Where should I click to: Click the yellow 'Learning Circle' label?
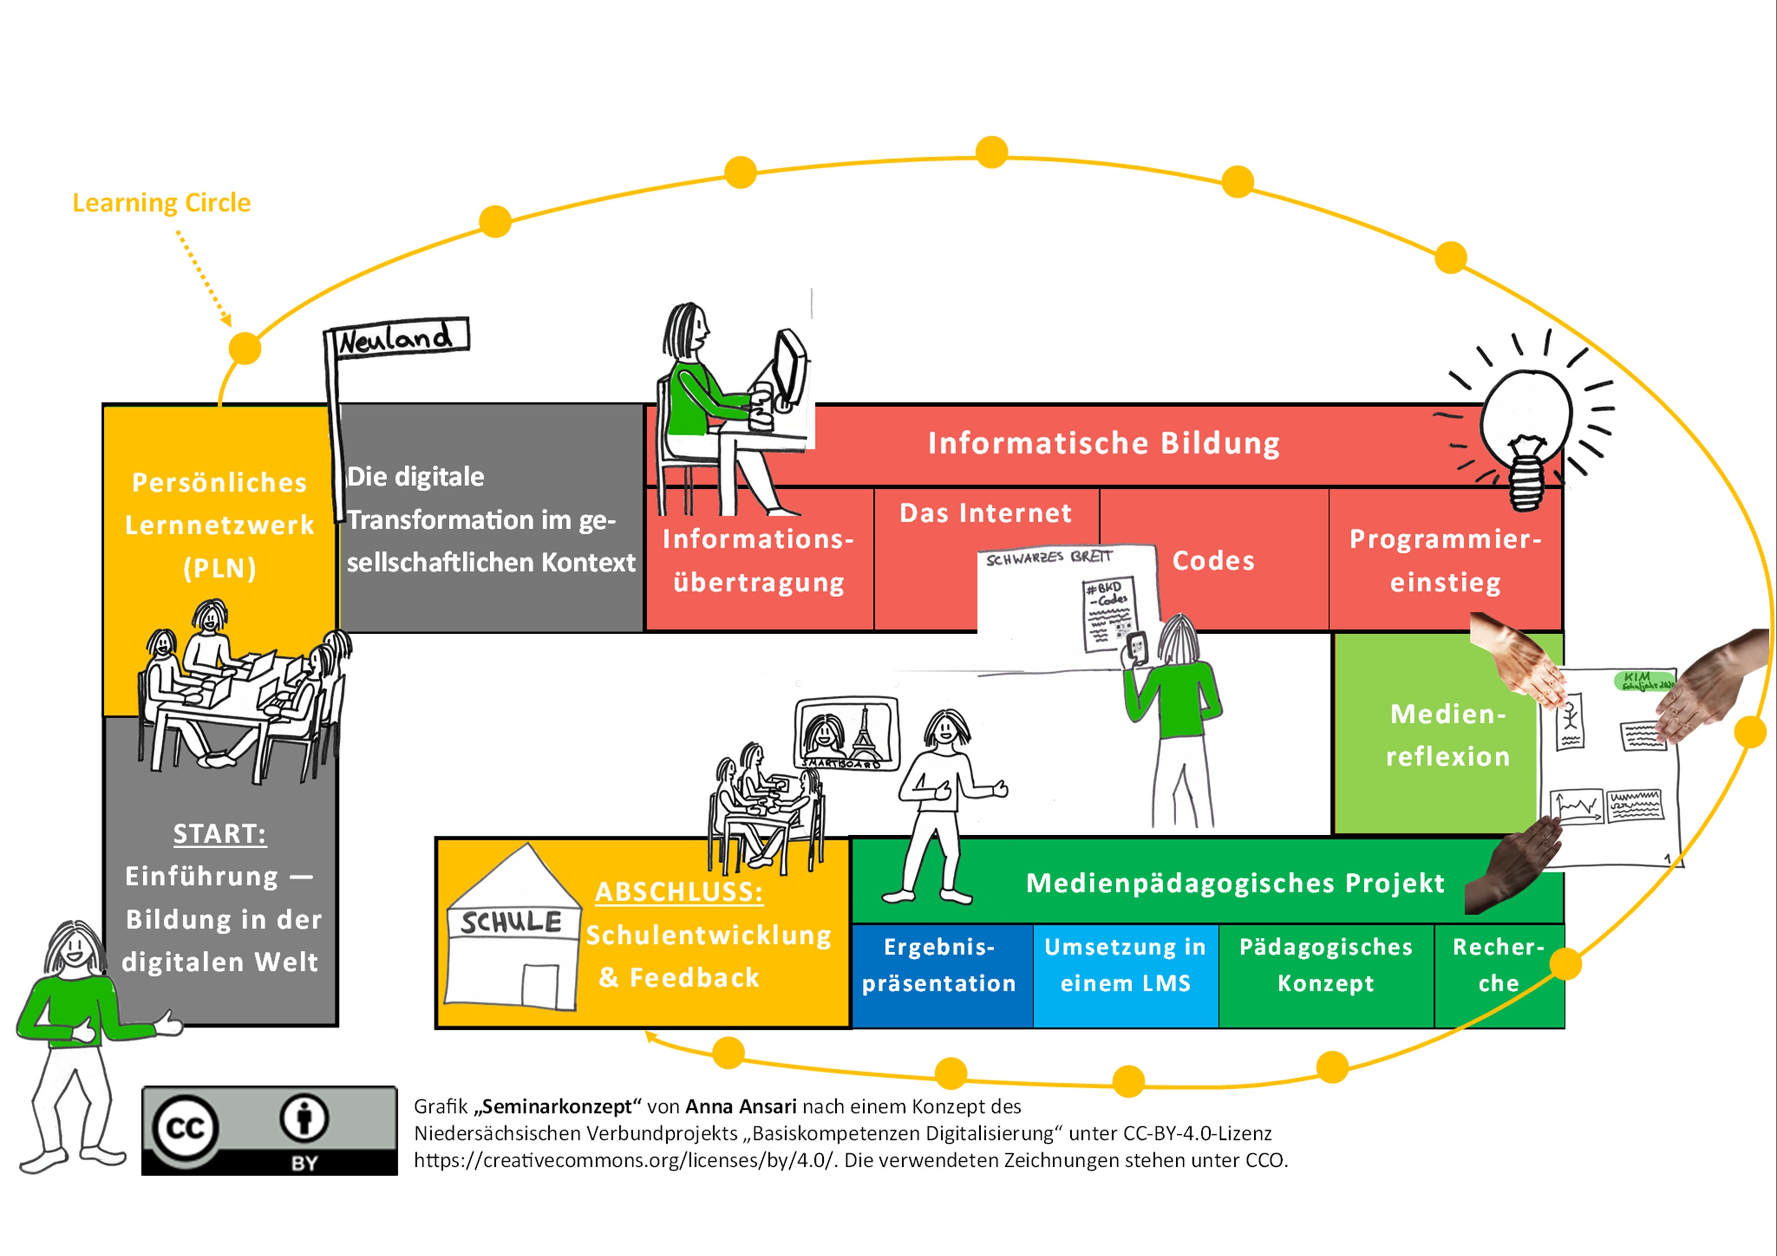pyautogui.click(x=161, y=203)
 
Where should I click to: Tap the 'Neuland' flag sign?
pyautogui.click(x=396, y=337)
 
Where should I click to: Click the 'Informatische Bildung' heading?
pyautogui.click(x=1104, y=444)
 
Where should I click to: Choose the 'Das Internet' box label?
pyautogui.click(x=985, y=513)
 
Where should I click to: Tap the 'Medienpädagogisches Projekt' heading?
pyautogui.click(x=1235, y=883)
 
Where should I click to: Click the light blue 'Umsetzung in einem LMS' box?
pyautogui.click(x=1126, y=966)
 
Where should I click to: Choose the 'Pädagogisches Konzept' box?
pyautogui.click(x=1326, y=966)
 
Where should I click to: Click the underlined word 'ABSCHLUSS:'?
pyautogui.click(x=679, y=892)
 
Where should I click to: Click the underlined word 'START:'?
pyautogui.click(x=220, y=834)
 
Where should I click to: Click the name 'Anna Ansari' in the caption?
pyautogui.click(x=741, y=1107)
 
